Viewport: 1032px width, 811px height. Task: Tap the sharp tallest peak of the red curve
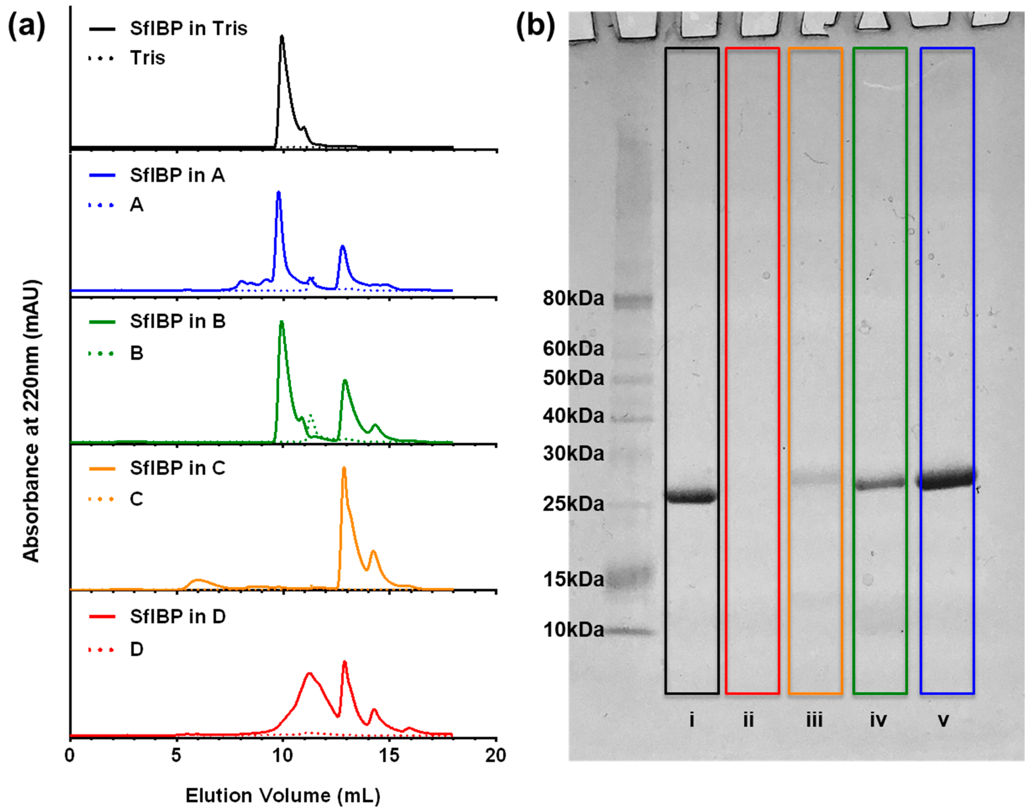tap(345, 662)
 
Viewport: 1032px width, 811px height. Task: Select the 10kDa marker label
tap(573, 630)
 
